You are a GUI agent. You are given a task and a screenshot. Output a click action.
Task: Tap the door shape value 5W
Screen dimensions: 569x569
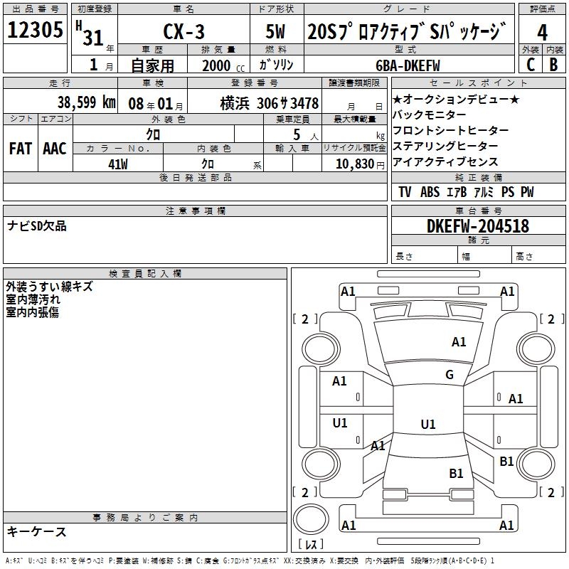pyautogui.click(x=277, y=32)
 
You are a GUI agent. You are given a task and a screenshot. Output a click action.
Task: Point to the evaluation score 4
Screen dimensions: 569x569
pyautogui.click(x=542, y=33)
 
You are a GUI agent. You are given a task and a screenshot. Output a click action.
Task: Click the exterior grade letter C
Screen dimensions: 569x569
pyautogui.click(x=530, y=64)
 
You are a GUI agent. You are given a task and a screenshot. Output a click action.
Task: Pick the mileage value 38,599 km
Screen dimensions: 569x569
pyautogui.click(x=86, y=102)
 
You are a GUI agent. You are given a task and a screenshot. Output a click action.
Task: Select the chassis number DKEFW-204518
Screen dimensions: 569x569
pyautogui.click(x=477, y=226)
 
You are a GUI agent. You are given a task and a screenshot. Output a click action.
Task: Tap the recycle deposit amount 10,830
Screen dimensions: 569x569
pyautogui.click(x=353, y=164)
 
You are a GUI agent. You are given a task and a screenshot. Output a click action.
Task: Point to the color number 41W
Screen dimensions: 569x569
pyautogui.click(x=117, y=164)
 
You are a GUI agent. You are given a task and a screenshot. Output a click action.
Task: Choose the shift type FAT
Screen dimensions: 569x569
pyautogui.click(x=20, y=149)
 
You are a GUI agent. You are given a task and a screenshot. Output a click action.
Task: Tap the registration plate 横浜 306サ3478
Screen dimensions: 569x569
pyautogui.click(x=269, y=102)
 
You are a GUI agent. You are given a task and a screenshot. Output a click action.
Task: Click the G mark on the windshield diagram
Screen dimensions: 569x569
pyautogui.click(x=449, y=375)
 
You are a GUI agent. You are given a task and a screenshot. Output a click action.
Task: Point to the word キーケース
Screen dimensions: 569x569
pyautogui.click(x=37, y=532)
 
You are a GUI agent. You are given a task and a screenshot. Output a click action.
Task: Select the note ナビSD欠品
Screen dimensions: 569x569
pyautogui.click(x=36, y=225)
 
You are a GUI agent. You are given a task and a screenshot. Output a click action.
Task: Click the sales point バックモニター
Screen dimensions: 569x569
pyautogui.click(x=429, y=115)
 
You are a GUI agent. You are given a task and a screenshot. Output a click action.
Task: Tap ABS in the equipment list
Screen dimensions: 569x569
pyautogui.click(x=430, y=192)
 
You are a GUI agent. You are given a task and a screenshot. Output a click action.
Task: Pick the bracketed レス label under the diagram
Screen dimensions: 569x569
pyautogui.click(x=310, y=545)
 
